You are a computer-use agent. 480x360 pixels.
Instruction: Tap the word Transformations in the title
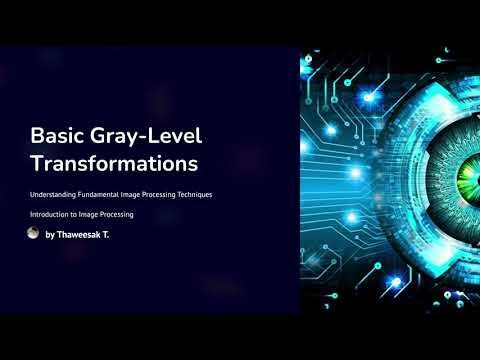tap(114, 162)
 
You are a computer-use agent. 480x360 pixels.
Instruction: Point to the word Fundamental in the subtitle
tap(106, 193)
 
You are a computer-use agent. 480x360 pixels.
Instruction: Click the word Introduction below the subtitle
tap(51, 214)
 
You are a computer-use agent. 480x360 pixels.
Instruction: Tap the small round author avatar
tap(33, 233)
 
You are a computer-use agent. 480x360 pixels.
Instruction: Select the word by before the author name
tap(50, 235)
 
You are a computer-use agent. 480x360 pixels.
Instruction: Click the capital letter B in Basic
tap(37, 135)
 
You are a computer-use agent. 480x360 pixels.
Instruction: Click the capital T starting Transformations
tap(36, 162)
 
